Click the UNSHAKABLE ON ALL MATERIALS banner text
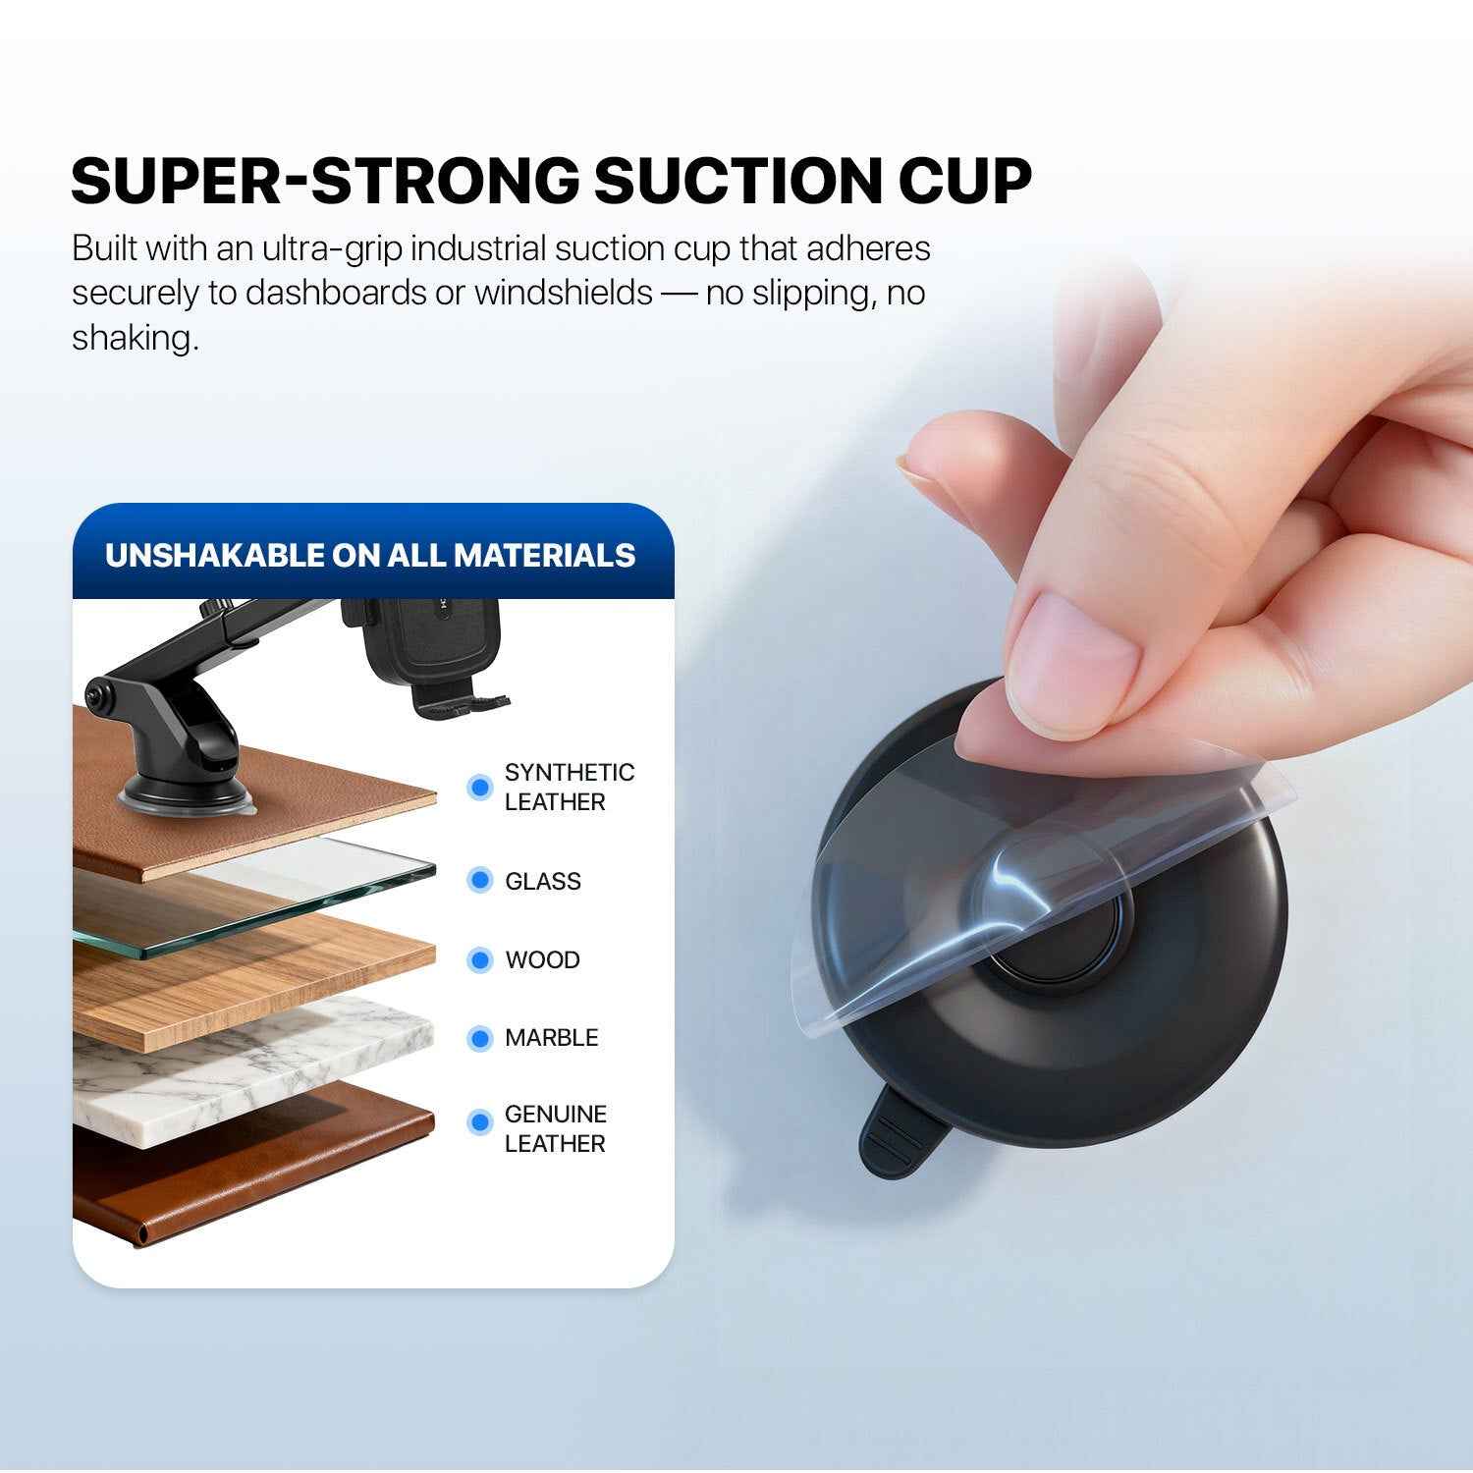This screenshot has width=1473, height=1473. click(x=370, y=555)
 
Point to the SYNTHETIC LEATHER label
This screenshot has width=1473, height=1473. click(x=569, y=787)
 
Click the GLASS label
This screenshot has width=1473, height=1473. click(x=542, y=881)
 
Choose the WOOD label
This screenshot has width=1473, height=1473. click(x=542, y=959)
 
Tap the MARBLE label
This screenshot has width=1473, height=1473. click(x=551, y=1038)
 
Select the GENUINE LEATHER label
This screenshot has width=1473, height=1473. click(x=555, y=1128)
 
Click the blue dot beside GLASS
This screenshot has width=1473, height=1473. click(x=479, y=880)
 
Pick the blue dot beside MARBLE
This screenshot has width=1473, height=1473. click(x=479, y=1038)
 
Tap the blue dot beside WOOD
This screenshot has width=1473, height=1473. click(x=479, y=959)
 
